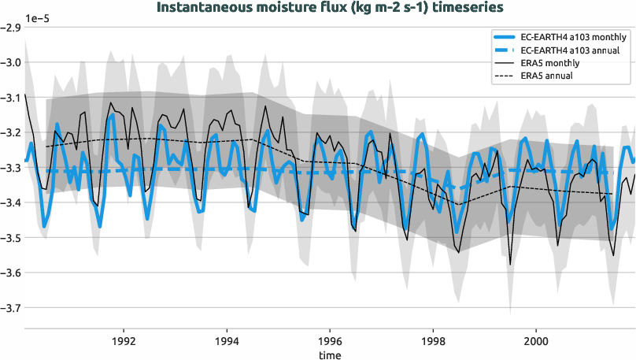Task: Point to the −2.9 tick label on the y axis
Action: pyautogui.click(x=11, y=28)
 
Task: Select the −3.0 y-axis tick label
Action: pyautogui.click(x=11, y=63)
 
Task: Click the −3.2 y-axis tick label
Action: pyautogui.click(x=11, y=133)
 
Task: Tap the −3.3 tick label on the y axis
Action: pyautogui.click(x=11, y=168)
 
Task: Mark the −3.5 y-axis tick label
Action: pyautogui.click(x=11, y=238)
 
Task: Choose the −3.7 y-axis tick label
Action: pyautogui.click(x=11, y=307)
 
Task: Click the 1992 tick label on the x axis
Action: pyautogui.click(x=124, y=342)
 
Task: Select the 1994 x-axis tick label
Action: pyautogui.click(x=227, y=342)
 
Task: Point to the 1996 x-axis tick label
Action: pyautogui.click(x=330, y=342)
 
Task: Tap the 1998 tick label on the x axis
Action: pyautogui.click(x=433, y=342)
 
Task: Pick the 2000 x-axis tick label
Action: pyautogui.click(x=536, y=342)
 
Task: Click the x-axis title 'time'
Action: pyautogui.click(x=330, y=355)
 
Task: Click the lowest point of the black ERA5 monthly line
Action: pyautogui.click(x=510, y=265)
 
